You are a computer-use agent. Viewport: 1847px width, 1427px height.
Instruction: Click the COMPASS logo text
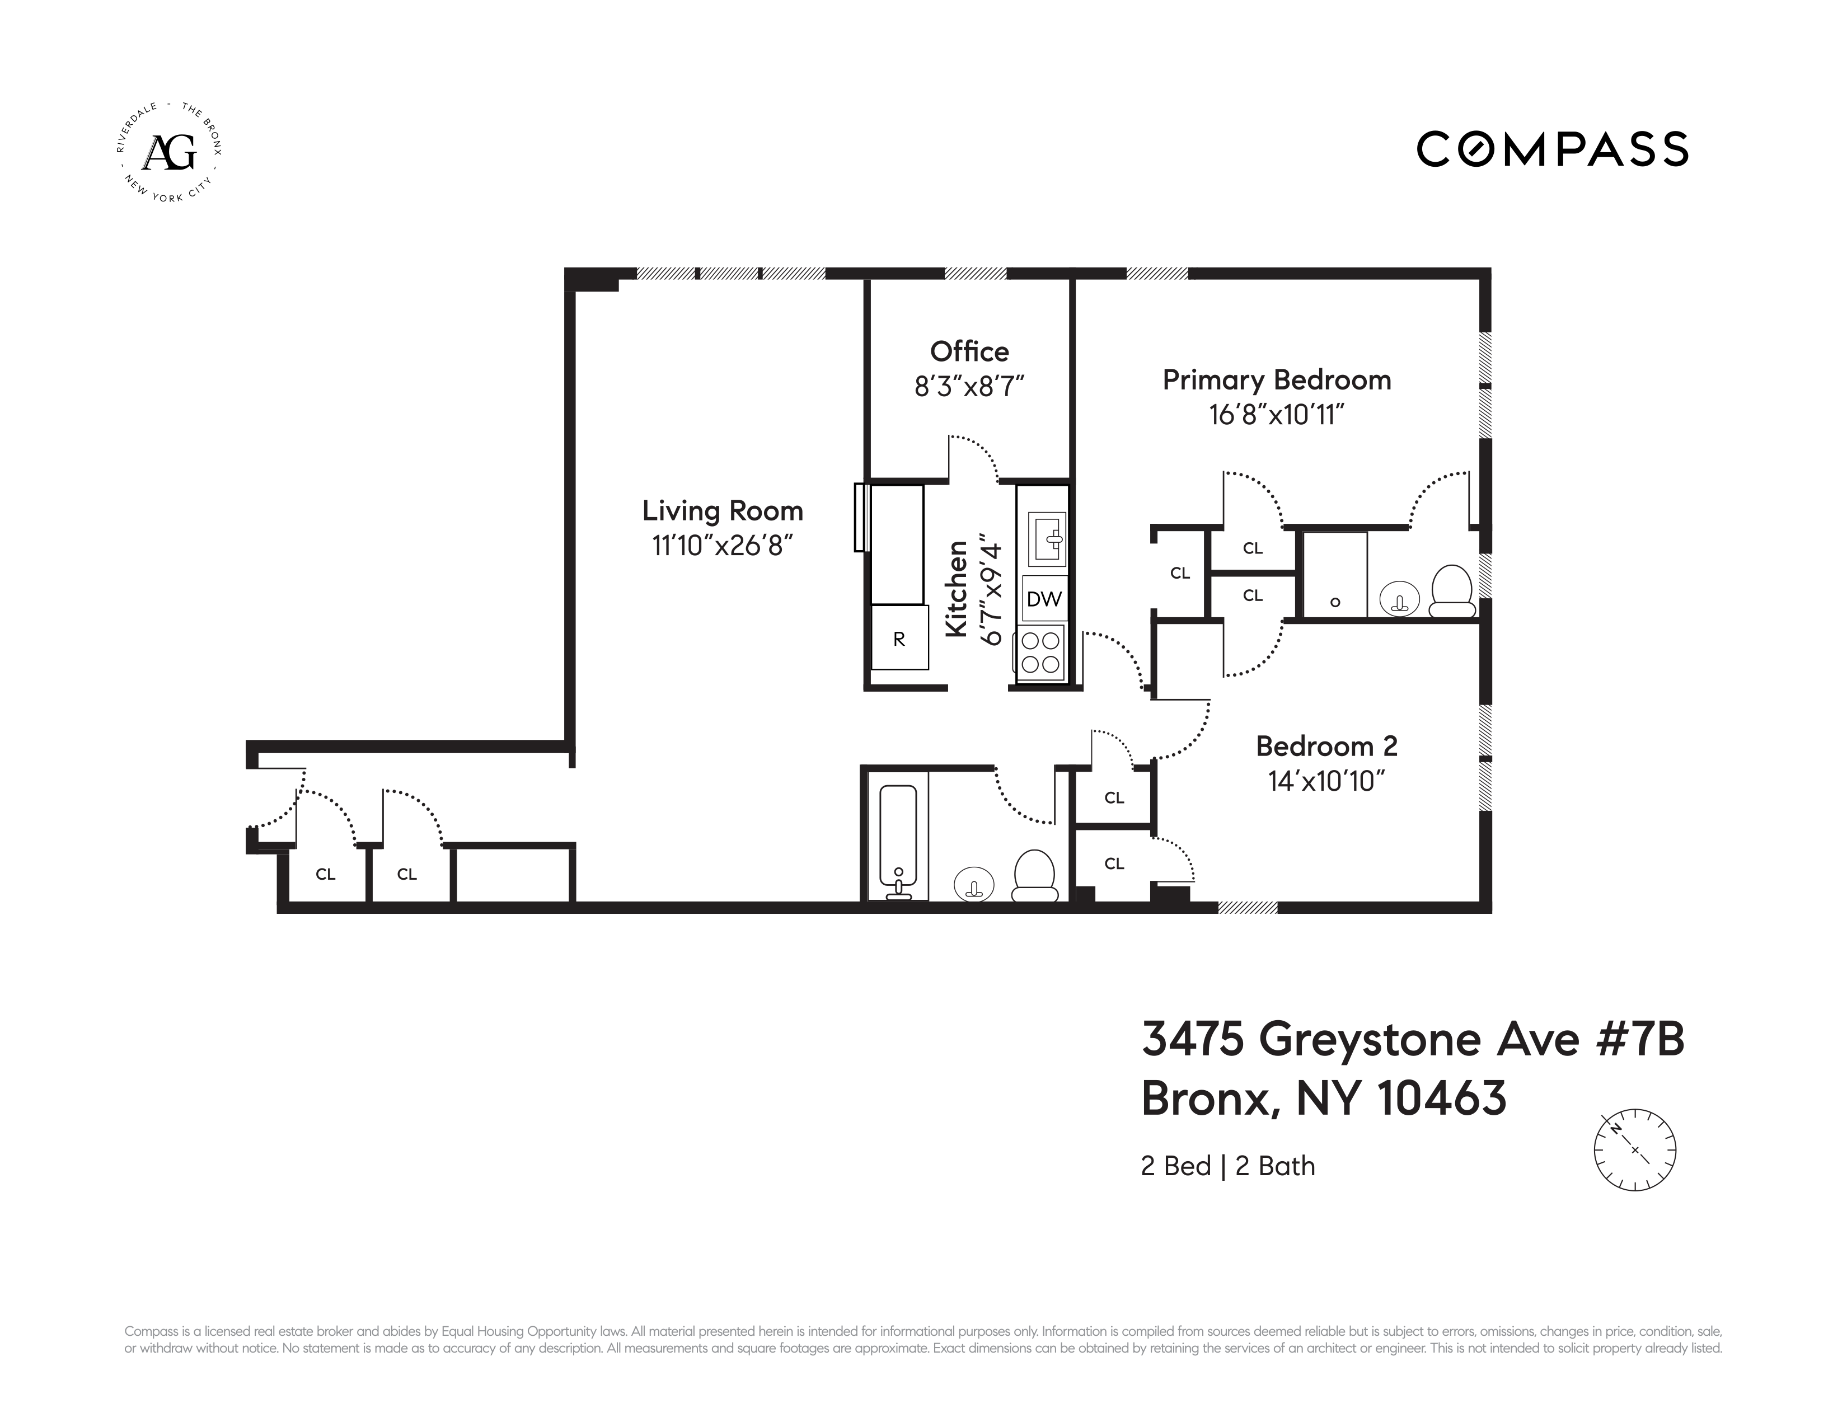[1552, 149]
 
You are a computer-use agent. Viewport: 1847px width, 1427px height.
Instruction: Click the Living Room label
[722, 510]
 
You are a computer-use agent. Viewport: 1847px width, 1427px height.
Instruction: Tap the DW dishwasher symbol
[1044, 599]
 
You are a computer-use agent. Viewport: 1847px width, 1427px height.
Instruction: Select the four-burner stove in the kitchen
[1041, 652]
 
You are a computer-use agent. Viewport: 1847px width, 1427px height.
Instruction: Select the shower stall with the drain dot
[1334, 575]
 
